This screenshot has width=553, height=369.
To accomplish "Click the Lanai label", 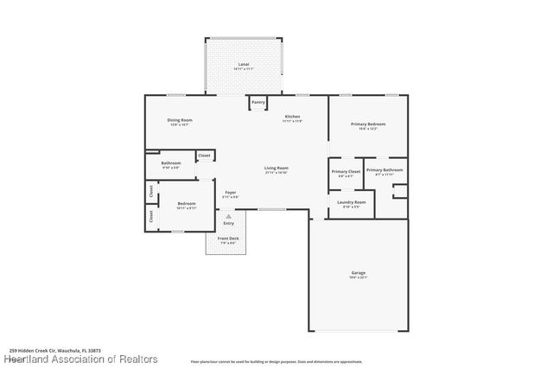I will tap(244, 65).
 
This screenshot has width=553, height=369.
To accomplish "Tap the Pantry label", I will tap(257, 102).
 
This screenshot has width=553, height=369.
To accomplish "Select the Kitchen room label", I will tap(292, 117).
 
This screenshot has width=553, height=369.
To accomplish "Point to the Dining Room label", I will tap(180, 120).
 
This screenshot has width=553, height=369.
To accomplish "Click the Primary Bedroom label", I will tap(367, 124).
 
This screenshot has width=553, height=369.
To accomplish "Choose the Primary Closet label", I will tap(346, 171).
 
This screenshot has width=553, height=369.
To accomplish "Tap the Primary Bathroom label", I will tap(385, 170).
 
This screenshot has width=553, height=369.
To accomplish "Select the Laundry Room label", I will tap(352, 202).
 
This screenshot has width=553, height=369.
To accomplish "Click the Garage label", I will tap(358, 272).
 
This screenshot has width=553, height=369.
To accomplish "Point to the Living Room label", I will tap(276, 168).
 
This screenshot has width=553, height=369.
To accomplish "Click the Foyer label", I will tap(231, 192).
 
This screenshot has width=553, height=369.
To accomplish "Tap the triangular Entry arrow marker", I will tap(228, 215).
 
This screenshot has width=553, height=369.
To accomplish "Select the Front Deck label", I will tap(227, 238).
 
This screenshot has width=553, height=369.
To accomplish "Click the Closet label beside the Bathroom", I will tap(205, 156).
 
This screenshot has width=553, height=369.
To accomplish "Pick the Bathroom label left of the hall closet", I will tap(170, 162).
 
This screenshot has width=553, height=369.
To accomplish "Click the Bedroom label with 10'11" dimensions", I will tap(187, 203).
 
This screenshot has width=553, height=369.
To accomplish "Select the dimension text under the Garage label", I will tap(358, 277).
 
